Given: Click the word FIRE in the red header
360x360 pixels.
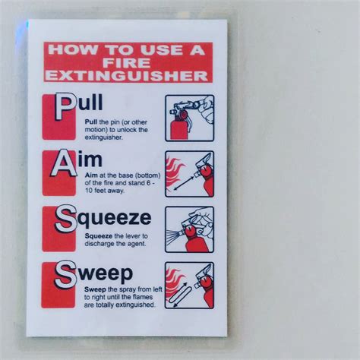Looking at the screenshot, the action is pos(127,63).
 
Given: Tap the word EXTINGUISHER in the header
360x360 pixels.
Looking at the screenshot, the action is pos(127,76).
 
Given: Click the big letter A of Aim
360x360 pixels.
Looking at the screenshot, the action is pos(64,163).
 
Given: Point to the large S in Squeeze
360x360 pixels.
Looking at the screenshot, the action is pos(65,219).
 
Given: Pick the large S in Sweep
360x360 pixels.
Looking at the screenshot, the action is pos(65,274).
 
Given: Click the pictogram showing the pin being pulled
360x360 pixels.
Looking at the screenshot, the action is pos(190,118).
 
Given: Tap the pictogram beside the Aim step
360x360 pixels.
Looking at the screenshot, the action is pos(190,174).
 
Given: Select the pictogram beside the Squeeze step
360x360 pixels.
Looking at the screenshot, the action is pos(190,229).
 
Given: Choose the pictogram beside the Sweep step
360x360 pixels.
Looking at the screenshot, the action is pos(189,286).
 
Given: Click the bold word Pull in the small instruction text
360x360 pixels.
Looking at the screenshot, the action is pos(91,122).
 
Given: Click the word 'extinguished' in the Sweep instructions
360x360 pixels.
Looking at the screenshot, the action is pos(135,305).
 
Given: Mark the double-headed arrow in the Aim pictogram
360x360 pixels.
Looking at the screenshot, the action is pos(184,183).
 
